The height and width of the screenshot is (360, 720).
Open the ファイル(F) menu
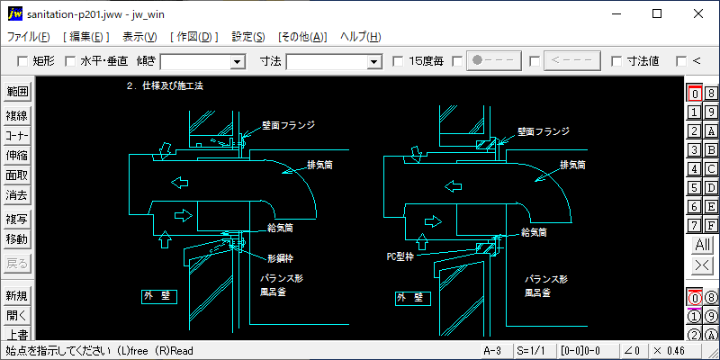coord(28,37)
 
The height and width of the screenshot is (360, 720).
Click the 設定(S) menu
coord(247,37)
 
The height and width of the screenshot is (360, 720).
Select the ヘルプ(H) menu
coord(360,37)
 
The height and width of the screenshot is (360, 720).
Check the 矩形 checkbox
coord(23,61)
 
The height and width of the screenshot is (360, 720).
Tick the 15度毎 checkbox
coord(399,61)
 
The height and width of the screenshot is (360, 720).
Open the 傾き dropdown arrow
coord(238,61)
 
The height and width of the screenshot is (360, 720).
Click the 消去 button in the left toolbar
coord(17,194)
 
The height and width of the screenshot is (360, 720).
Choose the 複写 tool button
coord(17,219)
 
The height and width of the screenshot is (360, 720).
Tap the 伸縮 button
coord(17,155)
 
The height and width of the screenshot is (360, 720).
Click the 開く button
coord(17,315)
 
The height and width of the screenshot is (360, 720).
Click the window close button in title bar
coord(697,13)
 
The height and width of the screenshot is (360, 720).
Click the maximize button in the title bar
coord(656,13)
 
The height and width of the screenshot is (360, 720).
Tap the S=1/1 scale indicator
coord(530,350)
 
